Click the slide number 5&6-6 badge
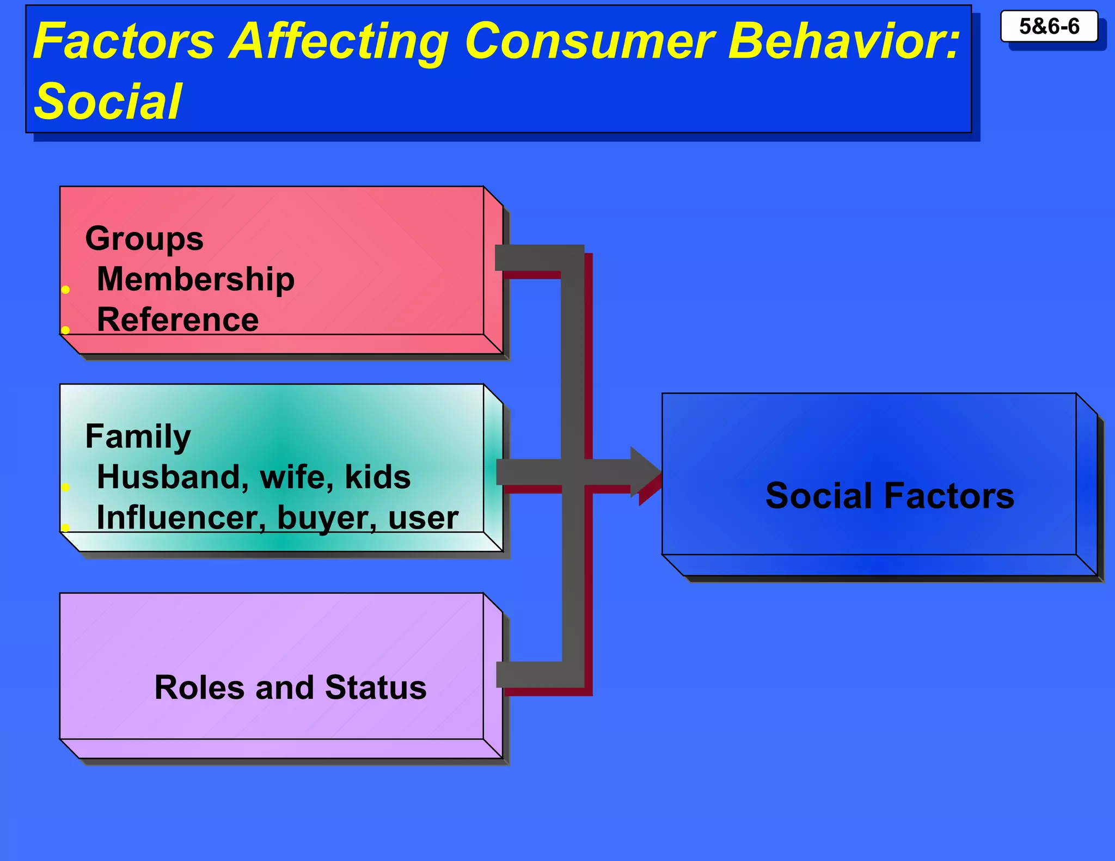tap(1049, 26)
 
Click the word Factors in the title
tap(124, 41)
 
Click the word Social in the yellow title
tap(108, 102)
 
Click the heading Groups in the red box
tap(144, 239)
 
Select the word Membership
tap(195, 279)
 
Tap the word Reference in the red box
tap(177, 319)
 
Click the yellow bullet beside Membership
tap(65, 290)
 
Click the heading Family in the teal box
tap(138, 436)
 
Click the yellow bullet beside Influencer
tap(65, 527)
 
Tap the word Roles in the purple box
tap(199, 687)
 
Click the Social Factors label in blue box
tap(890, 496)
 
